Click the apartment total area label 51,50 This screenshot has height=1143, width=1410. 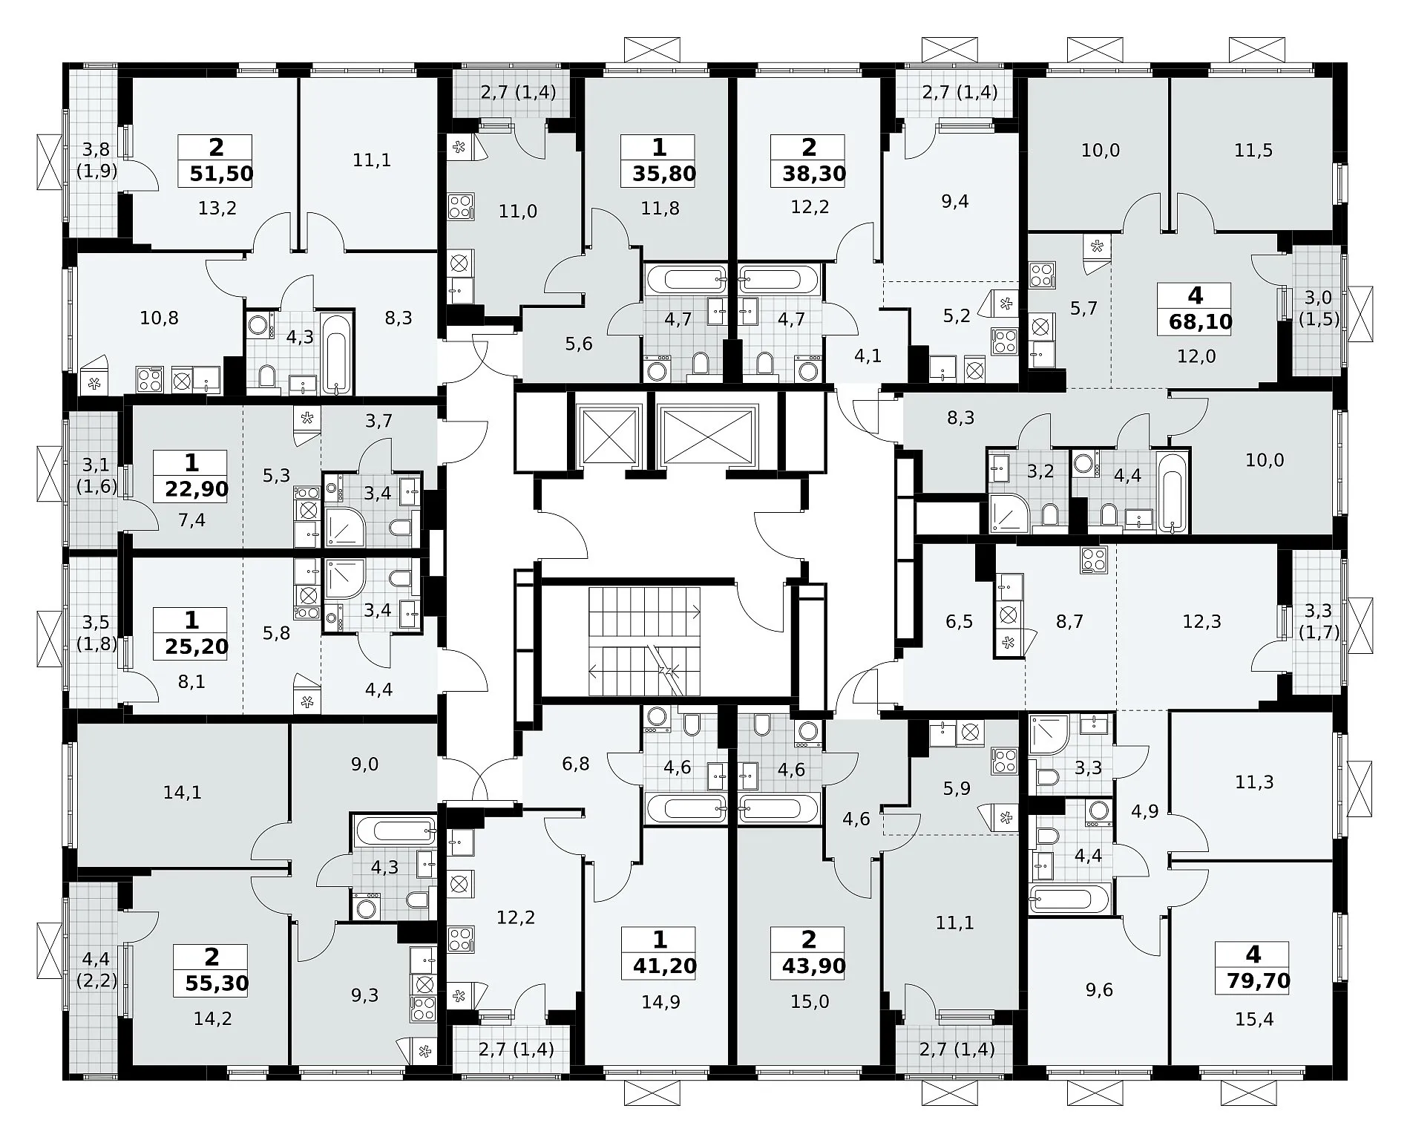(220, 174)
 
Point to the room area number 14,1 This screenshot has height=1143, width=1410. (182, 793)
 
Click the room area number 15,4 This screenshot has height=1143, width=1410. (1254, 1020)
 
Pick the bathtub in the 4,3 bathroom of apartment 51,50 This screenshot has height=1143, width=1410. (338, 353)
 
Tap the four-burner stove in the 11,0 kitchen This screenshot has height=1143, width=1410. (460, 206)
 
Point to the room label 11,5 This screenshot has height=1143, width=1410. (1253, 151)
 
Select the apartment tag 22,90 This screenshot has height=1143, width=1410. (191, 488)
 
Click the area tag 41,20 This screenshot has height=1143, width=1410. (660, 966)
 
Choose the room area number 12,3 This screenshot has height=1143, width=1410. (1201, 621)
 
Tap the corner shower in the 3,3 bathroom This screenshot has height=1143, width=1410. (1049, 735)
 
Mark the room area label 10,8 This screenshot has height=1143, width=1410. (159, 318)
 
